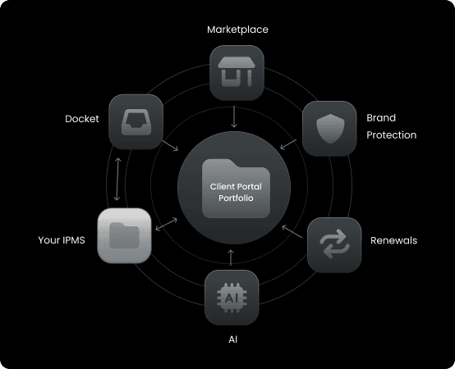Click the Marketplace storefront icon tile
click(237, 73)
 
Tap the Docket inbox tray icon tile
click(136, 122)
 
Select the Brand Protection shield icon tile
click(329, 128)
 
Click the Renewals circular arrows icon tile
click(334, 245)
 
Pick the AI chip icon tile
click(232, 298)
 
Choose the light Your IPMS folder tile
click(124, 236)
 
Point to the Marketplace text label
click(237, 30)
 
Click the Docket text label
click(82, 119)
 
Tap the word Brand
click(381, 118)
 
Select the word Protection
click(391, 135)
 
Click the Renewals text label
click(393, 240)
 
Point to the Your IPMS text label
click(62, 240)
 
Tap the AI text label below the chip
click(233, 339)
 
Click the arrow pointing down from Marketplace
click(234, 116)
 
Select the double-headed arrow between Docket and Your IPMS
click(117, 180)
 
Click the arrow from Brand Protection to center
click(288, 144)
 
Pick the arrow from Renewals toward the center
click(292, 232)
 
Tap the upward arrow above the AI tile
click(231, 257)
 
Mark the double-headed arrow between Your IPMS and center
click(166, 225)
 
